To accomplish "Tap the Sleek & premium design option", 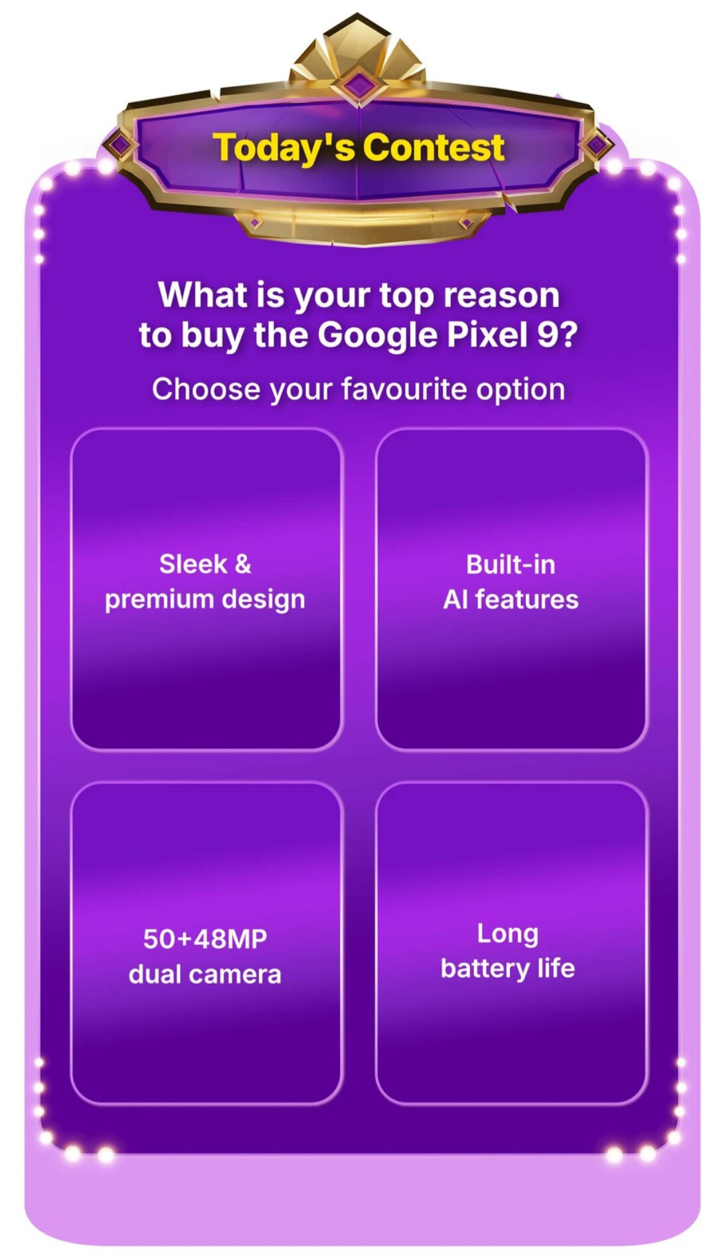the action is tap(206, 589).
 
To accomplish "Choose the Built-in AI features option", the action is tap(511, 589).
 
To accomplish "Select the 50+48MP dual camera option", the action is tap(206, 943).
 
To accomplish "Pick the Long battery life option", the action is tap(511, 943).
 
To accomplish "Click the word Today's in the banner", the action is tap(284, 148).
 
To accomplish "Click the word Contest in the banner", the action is tap(434, 147).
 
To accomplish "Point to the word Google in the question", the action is tap(378, 336).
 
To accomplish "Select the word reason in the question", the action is tap(502, 295).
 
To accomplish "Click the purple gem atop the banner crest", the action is tap(358, 85).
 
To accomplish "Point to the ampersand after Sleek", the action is tap(243, 565).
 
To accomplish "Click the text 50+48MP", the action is tap(205, 939).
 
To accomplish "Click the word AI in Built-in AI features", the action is tap(455, 599).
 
